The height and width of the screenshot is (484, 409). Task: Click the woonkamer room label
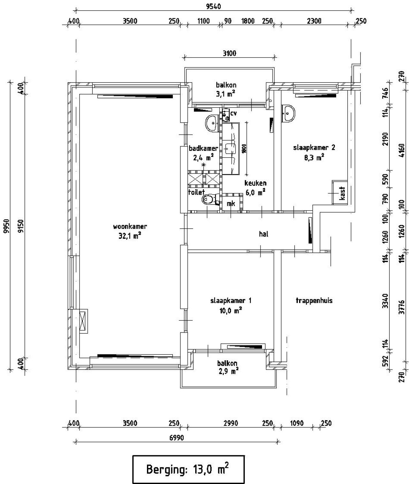[x=130, y=226]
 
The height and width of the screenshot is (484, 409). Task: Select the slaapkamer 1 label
[x=231, y=301]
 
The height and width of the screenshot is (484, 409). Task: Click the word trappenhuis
[x=314, y=301]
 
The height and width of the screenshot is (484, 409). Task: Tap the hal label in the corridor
[x=264, y=234]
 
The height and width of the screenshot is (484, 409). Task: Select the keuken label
[x=255, y=183]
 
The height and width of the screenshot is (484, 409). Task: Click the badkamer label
[x=203, y=148]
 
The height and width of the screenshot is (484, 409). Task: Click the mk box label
[x=231, y=203]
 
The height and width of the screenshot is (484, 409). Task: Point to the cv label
[x=234, y=113]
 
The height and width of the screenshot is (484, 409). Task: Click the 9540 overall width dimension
[x=213, y=6]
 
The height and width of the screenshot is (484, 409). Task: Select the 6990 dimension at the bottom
[x=176, y=438]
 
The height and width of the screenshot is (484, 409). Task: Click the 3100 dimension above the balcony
[x=229, y=53]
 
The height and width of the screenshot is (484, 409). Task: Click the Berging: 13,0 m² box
[x=188, y=469]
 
